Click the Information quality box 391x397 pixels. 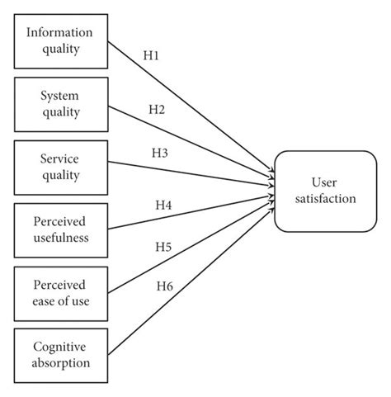click(61, 40)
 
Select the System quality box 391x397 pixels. click(61, 103)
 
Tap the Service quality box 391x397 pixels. click(61, 166)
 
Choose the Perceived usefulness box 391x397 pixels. click(61, 229)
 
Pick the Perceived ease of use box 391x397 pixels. click(61, 292)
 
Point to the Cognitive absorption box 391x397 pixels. click(61, 354)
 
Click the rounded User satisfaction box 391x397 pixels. click(325, 191)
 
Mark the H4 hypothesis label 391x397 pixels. click(163, 205)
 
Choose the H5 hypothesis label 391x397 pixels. click(164, 247)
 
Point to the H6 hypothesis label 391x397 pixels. click(164, 286)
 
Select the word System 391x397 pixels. click(60, 96)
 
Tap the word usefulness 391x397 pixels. click(61, 238)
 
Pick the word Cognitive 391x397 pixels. click(61, 347)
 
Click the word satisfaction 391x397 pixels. click(325, 199)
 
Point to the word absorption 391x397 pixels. click(61, 362)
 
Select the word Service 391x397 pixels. click(60, 158)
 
